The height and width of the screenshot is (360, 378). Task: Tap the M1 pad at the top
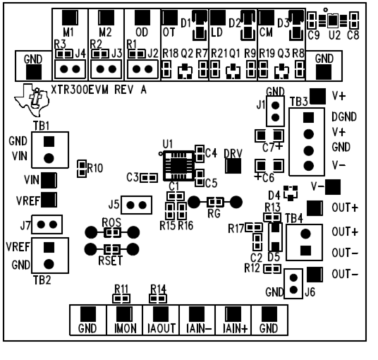(68, 19)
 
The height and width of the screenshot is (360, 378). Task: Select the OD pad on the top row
(141, 19)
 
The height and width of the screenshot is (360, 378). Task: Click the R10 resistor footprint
(82, 167)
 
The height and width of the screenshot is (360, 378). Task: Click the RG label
(215, 212)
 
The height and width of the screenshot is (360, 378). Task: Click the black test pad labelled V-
(332, 186)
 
